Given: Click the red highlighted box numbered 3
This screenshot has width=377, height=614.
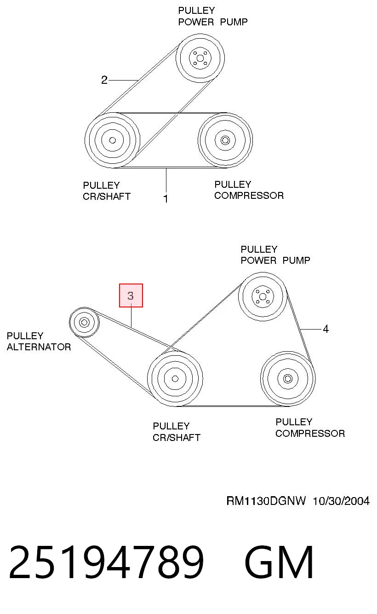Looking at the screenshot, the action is [x=131, y=295].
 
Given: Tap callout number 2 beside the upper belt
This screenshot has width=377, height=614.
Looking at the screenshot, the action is [x=104, y=80].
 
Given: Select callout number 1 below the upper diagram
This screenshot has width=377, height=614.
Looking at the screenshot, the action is [x=166, y=198].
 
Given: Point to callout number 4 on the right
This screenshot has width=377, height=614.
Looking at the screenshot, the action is [x=326, y=329].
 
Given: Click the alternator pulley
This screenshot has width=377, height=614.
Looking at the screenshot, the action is [x=84, y=322].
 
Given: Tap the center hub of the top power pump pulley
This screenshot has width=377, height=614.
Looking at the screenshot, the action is [x=200, y=58].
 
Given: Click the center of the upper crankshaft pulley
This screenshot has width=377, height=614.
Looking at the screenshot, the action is [x=112, y=140].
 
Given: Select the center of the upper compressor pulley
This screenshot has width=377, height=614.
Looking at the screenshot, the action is [x=225, y=140].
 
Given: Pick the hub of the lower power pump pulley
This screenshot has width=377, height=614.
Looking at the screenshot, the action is [x=263, y=296].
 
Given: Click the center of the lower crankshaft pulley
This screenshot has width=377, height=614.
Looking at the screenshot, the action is [x=175, y=378].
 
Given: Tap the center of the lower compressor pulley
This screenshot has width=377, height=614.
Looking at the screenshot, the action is [x=288, y=378].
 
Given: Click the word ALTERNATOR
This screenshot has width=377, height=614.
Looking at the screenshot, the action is [x=39, y=347].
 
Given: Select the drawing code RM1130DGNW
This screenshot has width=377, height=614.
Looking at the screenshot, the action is [x=266, y=501].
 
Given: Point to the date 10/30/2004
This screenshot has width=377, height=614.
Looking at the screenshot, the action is [x=341, y=501].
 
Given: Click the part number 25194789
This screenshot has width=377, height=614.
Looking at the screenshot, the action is [x=107, y=562].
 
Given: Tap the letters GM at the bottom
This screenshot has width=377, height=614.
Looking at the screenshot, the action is [x=279, y=562].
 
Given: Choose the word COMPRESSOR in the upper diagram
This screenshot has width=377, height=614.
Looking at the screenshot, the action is [x=249, y=196].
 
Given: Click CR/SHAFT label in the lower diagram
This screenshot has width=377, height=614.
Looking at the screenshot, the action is [x=177, y=437].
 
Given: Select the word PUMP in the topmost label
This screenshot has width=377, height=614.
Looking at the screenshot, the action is [x=234, y=22].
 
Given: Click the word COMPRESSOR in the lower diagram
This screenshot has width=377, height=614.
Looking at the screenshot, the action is [x=310, y=434].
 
